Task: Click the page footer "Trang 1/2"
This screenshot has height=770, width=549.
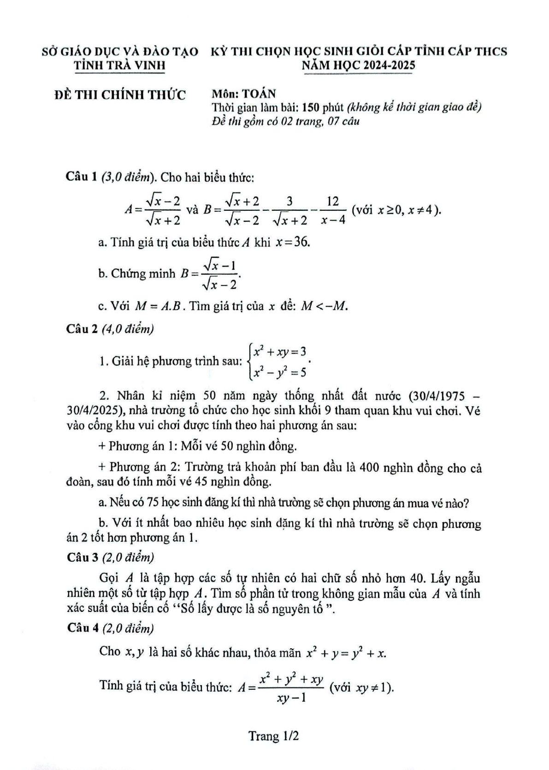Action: (x=274, y=735)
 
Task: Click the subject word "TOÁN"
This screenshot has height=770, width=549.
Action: (x=259, y=94)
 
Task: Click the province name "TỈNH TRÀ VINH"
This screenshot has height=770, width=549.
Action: (x=119, y=65)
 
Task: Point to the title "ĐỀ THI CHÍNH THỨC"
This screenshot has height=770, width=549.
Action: (x=120, y=95)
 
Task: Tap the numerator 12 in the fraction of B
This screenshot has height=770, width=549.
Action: (x=332, y=201)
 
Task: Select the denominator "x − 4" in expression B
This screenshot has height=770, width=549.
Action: (x=333, y=220)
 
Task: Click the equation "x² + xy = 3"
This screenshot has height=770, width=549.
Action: (x=280, y=352)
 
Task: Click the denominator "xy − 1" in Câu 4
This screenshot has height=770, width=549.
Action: (x=292, y=698)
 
